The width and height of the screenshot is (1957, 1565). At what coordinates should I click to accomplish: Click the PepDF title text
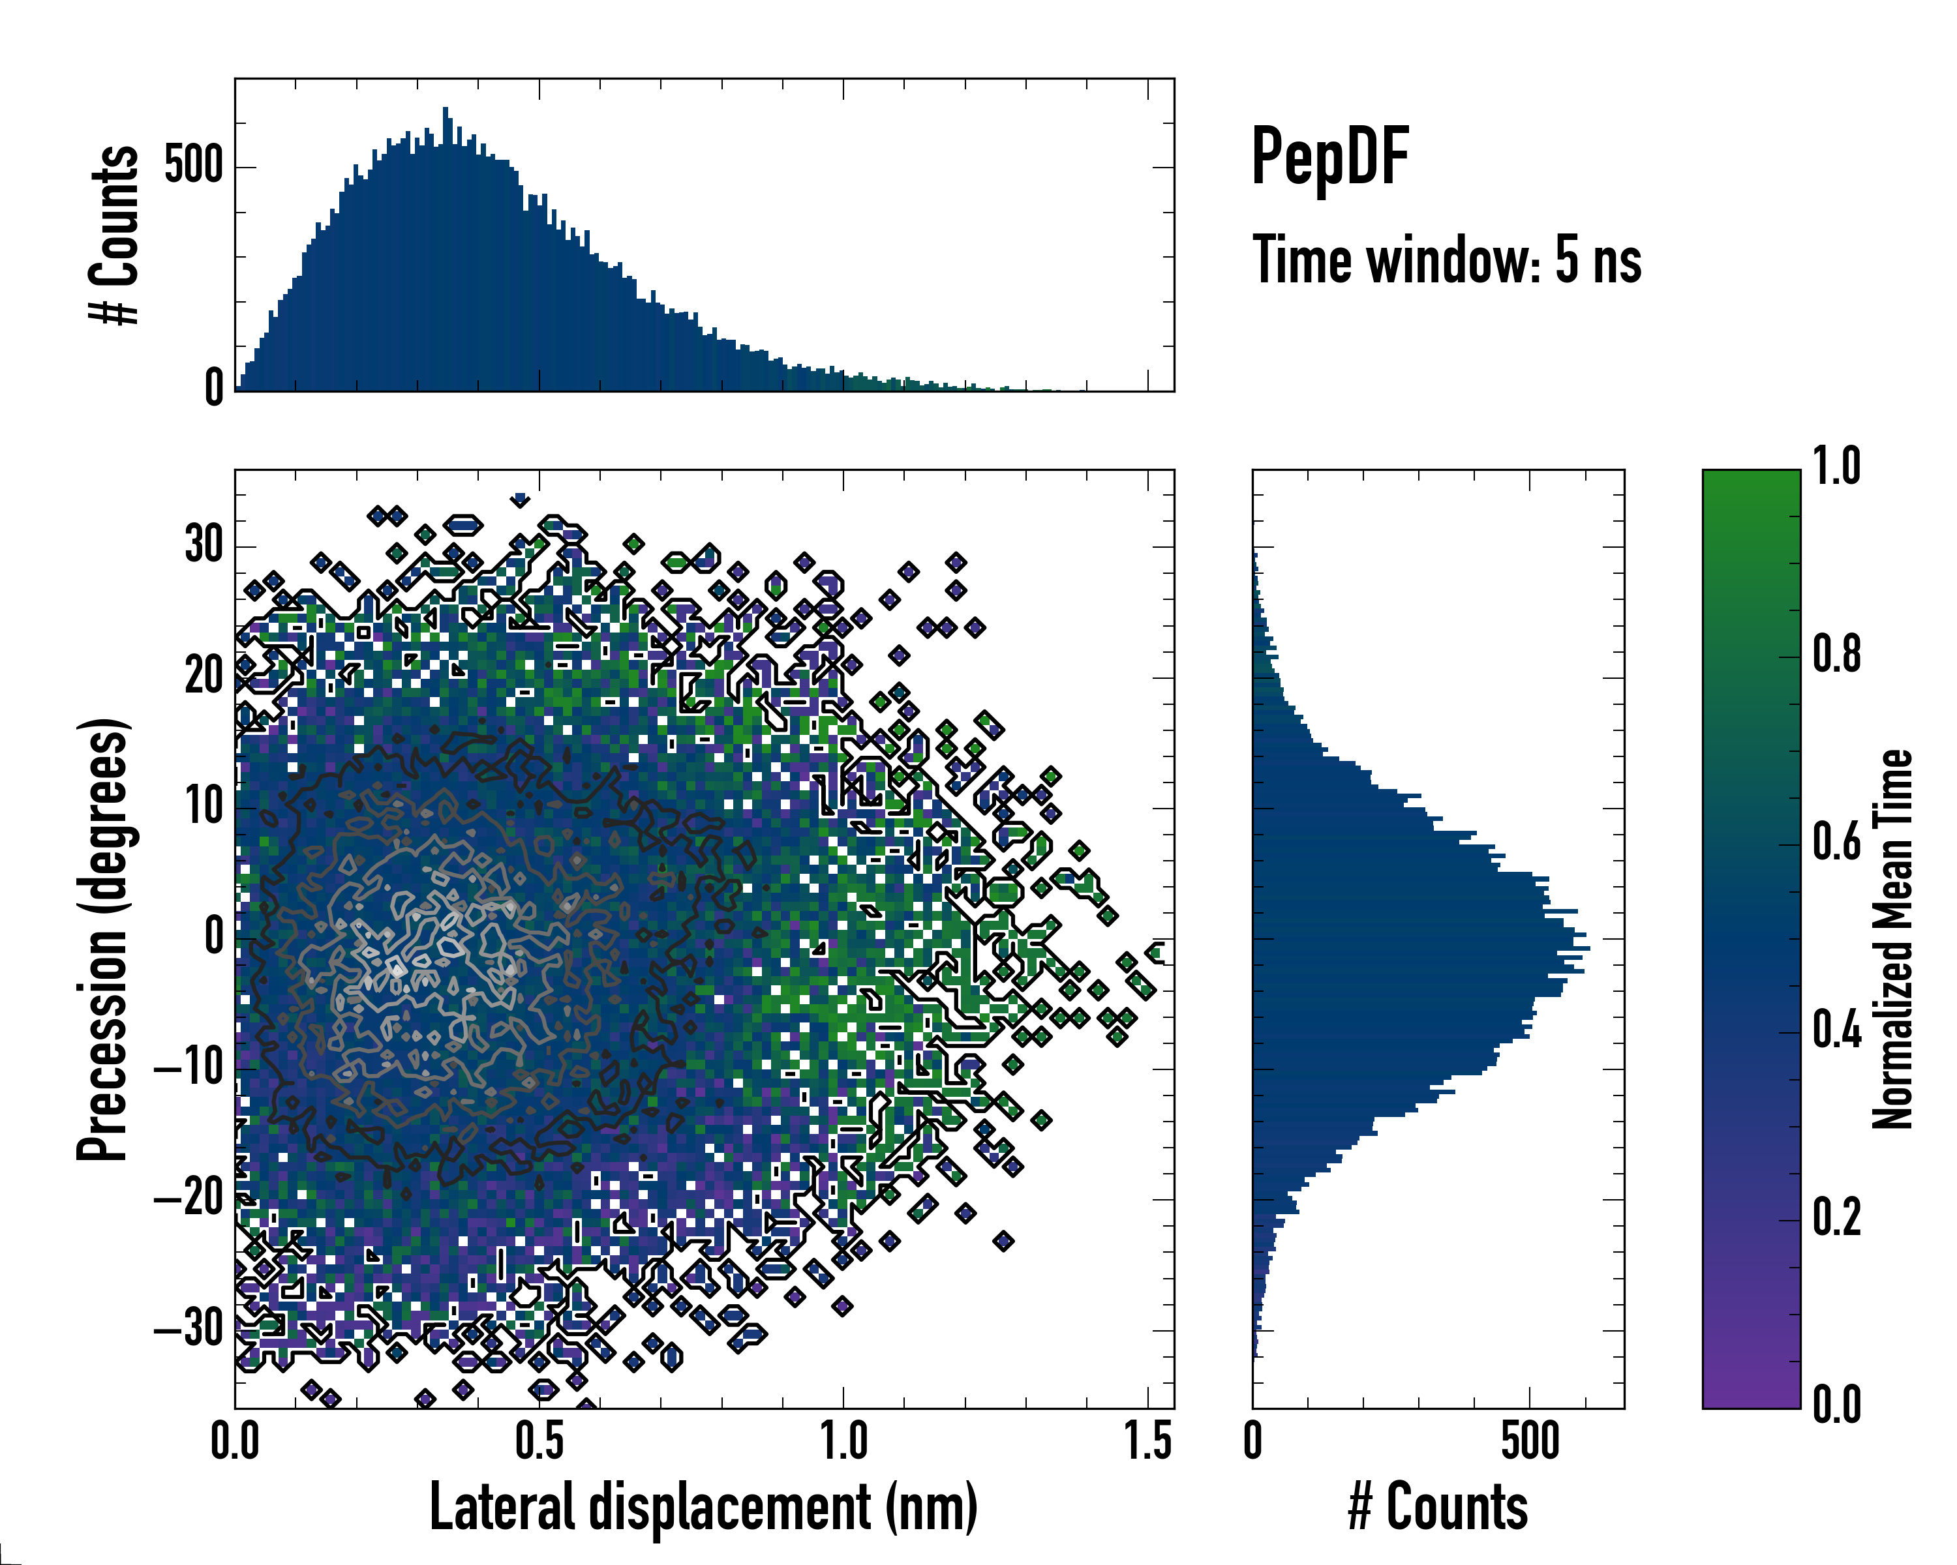coord(1329,157)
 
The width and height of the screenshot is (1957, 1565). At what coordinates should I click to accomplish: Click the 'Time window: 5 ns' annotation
coord(1446,260)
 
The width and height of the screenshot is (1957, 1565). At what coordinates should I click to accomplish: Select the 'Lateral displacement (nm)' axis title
coord(703,1508)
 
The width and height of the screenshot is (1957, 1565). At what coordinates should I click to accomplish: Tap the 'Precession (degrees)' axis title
coord(102,939)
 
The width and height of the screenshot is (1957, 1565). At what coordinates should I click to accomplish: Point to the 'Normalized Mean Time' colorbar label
coord(1892,939)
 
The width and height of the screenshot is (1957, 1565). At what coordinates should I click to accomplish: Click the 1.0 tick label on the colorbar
coord(1836,468)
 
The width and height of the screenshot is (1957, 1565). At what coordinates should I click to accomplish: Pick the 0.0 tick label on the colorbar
coord(1836,1405)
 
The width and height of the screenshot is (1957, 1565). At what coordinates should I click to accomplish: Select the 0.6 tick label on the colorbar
coord(1836,843)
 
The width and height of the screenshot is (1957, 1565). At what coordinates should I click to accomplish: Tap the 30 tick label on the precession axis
coord(204,546)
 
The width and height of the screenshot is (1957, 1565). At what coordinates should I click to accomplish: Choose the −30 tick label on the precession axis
coord(189,1330)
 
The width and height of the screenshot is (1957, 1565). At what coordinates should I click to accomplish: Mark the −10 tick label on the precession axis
coord(189,1069)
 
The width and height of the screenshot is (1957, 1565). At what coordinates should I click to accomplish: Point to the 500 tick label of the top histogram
coord(193,167)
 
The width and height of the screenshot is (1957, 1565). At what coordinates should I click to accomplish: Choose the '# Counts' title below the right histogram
coord(1438,1508)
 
